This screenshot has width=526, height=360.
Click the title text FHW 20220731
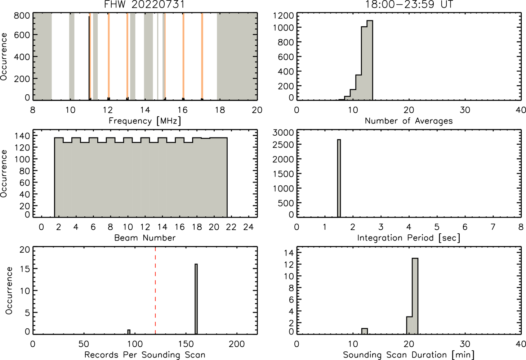[144, 4]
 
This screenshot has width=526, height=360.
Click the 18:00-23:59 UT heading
[409, 4]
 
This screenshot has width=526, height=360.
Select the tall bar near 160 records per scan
[196, 299]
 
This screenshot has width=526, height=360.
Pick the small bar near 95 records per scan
[129, 332]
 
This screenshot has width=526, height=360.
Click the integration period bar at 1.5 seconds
[339, 178]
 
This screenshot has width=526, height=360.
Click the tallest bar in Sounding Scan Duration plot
[415, 296]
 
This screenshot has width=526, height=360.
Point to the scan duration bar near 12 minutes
[365, 331]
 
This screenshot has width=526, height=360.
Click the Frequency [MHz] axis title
[145, 121]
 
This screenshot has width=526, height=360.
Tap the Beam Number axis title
[145, 238]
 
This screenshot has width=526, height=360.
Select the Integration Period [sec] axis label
[409, 238]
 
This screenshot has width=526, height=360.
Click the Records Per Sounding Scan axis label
[145, 355]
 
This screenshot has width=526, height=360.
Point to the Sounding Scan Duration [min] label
[409, 355]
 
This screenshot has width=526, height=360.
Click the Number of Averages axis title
[409, 121]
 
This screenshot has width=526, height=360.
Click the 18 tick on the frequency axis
[220, 110]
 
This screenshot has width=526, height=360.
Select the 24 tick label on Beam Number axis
[249, 227]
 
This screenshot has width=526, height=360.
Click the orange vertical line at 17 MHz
[202, 56]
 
